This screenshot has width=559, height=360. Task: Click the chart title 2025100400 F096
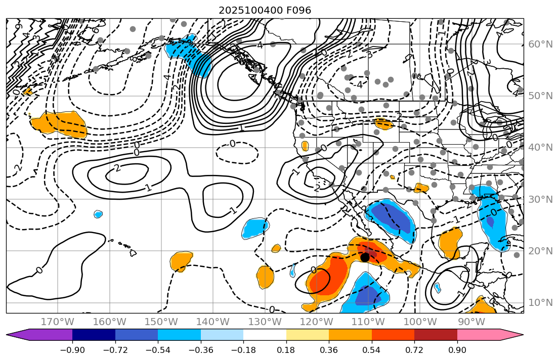click(265, 10)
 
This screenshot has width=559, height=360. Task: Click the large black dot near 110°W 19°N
click(365, 257)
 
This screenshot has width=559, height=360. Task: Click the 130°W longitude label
click(265, 322)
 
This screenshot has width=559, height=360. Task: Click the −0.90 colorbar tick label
click(72, 350)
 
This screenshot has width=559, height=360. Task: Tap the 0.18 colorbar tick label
click(286, 350)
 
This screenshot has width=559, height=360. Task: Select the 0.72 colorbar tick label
click(414, 350)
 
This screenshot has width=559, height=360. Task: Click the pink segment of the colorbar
click(478, 335)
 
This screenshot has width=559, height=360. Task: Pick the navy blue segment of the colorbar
click(94, 335)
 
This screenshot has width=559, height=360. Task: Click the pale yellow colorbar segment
click(307, 335)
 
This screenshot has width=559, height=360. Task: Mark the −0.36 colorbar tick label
click(200, 350)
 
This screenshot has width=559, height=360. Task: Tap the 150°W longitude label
click(161, 322)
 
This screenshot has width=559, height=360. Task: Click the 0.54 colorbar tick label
click(371, 350)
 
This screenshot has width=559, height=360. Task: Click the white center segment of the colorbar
click(265, 335)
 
